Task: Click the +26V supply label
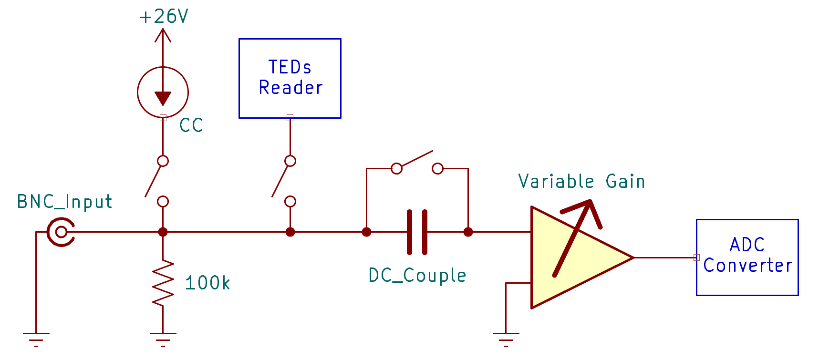(x=164, y=17)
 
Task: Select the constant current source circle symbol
(x=163, y=92)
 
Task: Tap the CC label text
(x=191, y=125)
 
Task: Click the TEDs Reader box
(x=290, y=78)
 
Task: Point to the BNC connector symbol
(x=61, y=232)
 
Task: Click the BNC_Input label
(x=64, y=202)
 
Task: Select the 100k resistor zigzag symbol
(x=163, y=283)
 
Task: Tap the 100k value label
(x=207, y=283)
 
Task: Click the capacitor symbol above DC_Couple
(x=417, y=232)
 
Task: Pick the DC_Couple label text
(x=417, y=276)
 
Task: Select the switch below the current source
(x=157, y=181)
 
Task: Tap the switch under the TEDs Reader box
(x=284, y=181)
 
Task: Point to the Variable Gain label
(x=581, y=182)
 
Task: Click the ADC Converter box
(x=747, y=257)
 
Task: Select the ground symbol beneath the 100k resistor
(x=163, y=338)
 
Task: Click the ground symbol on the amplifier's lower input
(x=506, y=338)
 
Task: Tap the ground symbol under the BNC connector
(x=36, y=338)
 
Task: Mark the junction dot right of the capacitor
(x=468, y=232)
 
